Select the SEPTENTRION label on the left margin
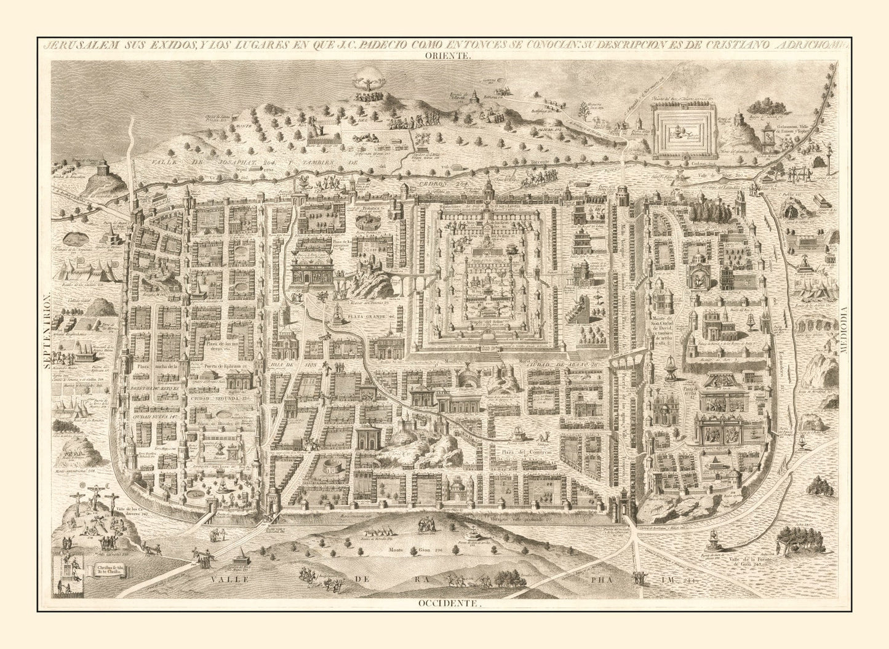coord(46,330)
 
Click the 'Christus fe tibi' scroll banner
coord(110,571)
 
